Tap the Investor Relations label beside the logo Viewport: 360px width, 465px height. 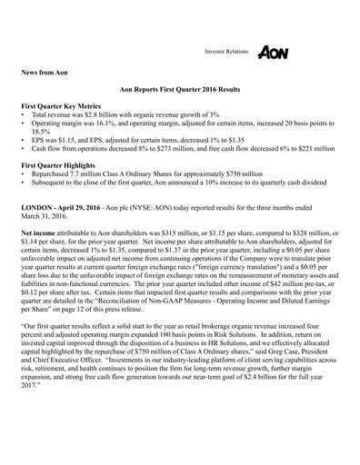point(226,54)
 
